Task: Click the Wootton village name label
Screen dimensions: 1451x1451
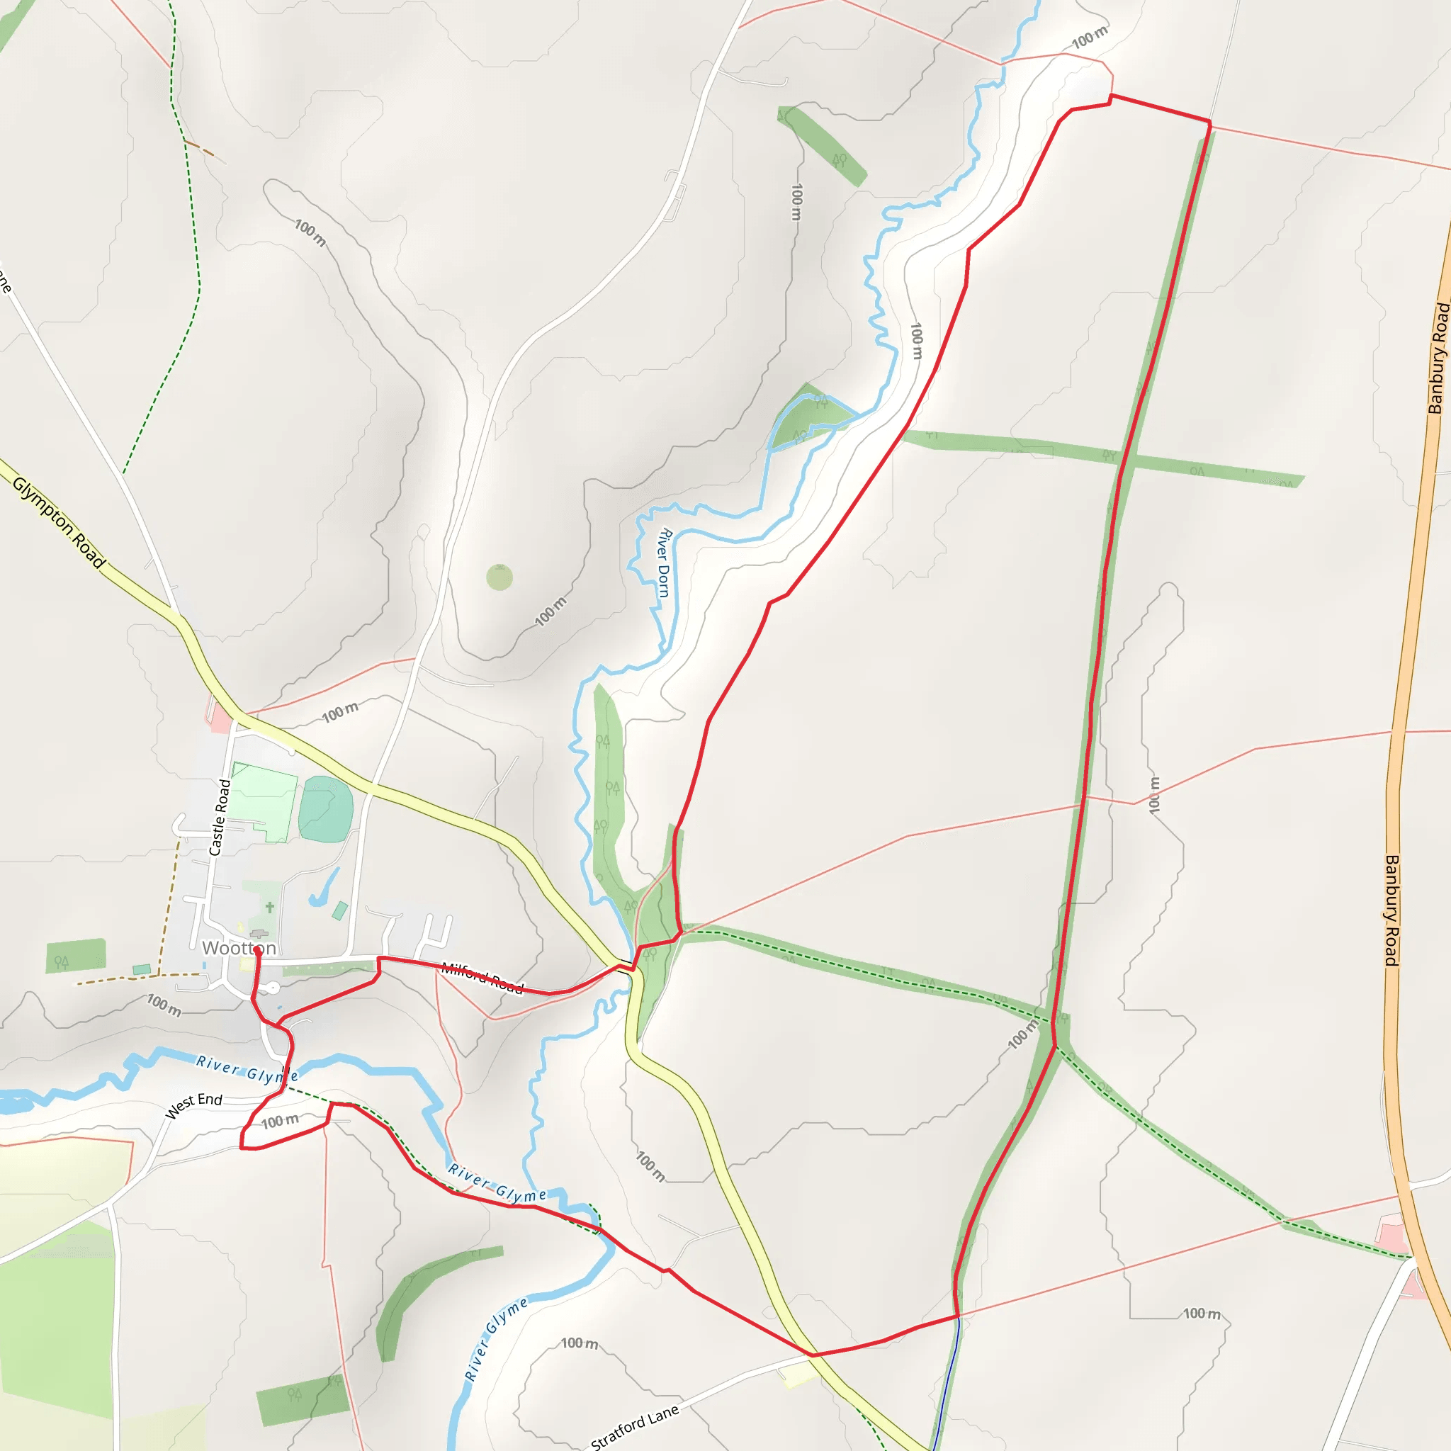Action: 239,949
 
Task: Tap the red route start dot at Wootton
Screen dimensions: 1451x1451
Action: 258,950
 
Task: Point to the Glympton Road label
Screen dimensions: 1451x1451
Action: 59,521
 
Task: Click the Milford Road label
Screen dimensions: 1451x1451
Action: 482,978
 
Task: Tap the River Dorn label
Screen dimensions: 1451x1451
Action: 664,563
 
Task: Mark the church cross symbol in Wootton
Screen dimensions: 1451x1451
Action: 270,908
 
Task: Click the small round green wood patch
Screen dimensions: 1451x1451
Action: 499,577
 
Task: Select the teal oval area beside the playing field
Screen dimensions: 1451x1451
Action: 326,810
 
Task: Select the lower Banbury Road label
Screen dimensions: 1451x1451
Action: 1391,910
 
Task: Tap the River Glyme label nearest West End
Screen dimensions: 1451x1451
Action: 247,1068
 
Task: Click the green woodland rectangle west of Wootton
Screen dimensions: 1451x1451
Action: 75,955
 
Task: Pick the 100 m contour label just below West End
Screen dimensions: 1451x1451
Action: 280,1122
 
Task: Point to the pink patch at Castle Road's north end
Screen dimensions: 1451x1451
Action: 220,717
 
